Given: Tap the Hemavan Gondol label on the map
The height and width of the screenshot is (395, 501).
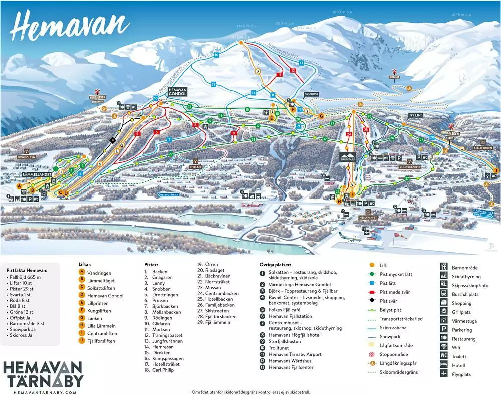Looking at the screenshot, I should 177,92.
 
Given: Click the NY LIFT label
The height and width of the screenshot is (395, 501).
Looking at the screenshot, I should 416,115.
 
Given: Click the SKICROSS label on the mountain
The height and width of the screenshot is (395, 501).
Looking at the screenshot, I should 311,94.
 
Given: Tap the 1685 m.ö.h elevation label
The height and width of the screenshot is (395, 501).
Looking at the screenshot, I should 461,15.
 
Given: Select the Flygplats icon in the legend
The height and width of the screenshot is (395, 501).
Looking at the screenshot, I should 444,374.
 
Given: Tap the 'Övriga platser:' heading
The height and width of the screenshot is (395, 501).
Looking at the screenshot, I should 276,264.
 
